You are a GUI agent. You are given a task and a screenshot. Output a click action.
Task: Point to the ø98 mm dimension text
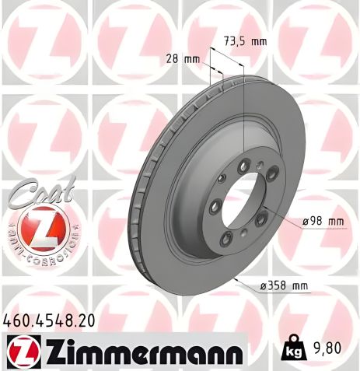coord(323,222)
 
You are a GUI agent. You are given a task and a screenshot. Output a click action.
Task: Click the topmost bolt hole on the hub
coord(246,163)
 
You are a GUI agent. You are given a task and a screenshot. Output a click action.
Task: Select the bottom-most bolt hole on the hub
coord(226,239)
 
